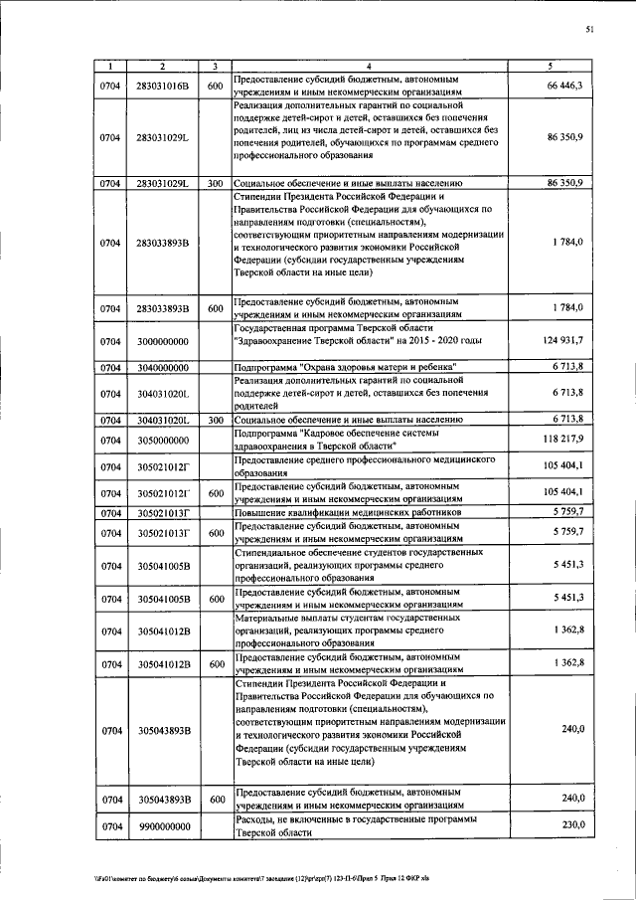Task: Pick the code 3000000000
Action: [163, 341]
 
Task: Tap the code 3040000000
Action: [163, 367]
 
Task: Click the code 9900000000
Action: [163, 825]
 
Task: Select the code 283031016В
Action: [163, 87]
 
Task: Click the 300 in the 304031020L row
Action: [214, 420]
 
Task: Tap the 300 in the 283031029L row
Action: [214, 184]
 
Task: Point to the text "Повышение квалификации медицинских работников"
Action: [352, 511]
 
